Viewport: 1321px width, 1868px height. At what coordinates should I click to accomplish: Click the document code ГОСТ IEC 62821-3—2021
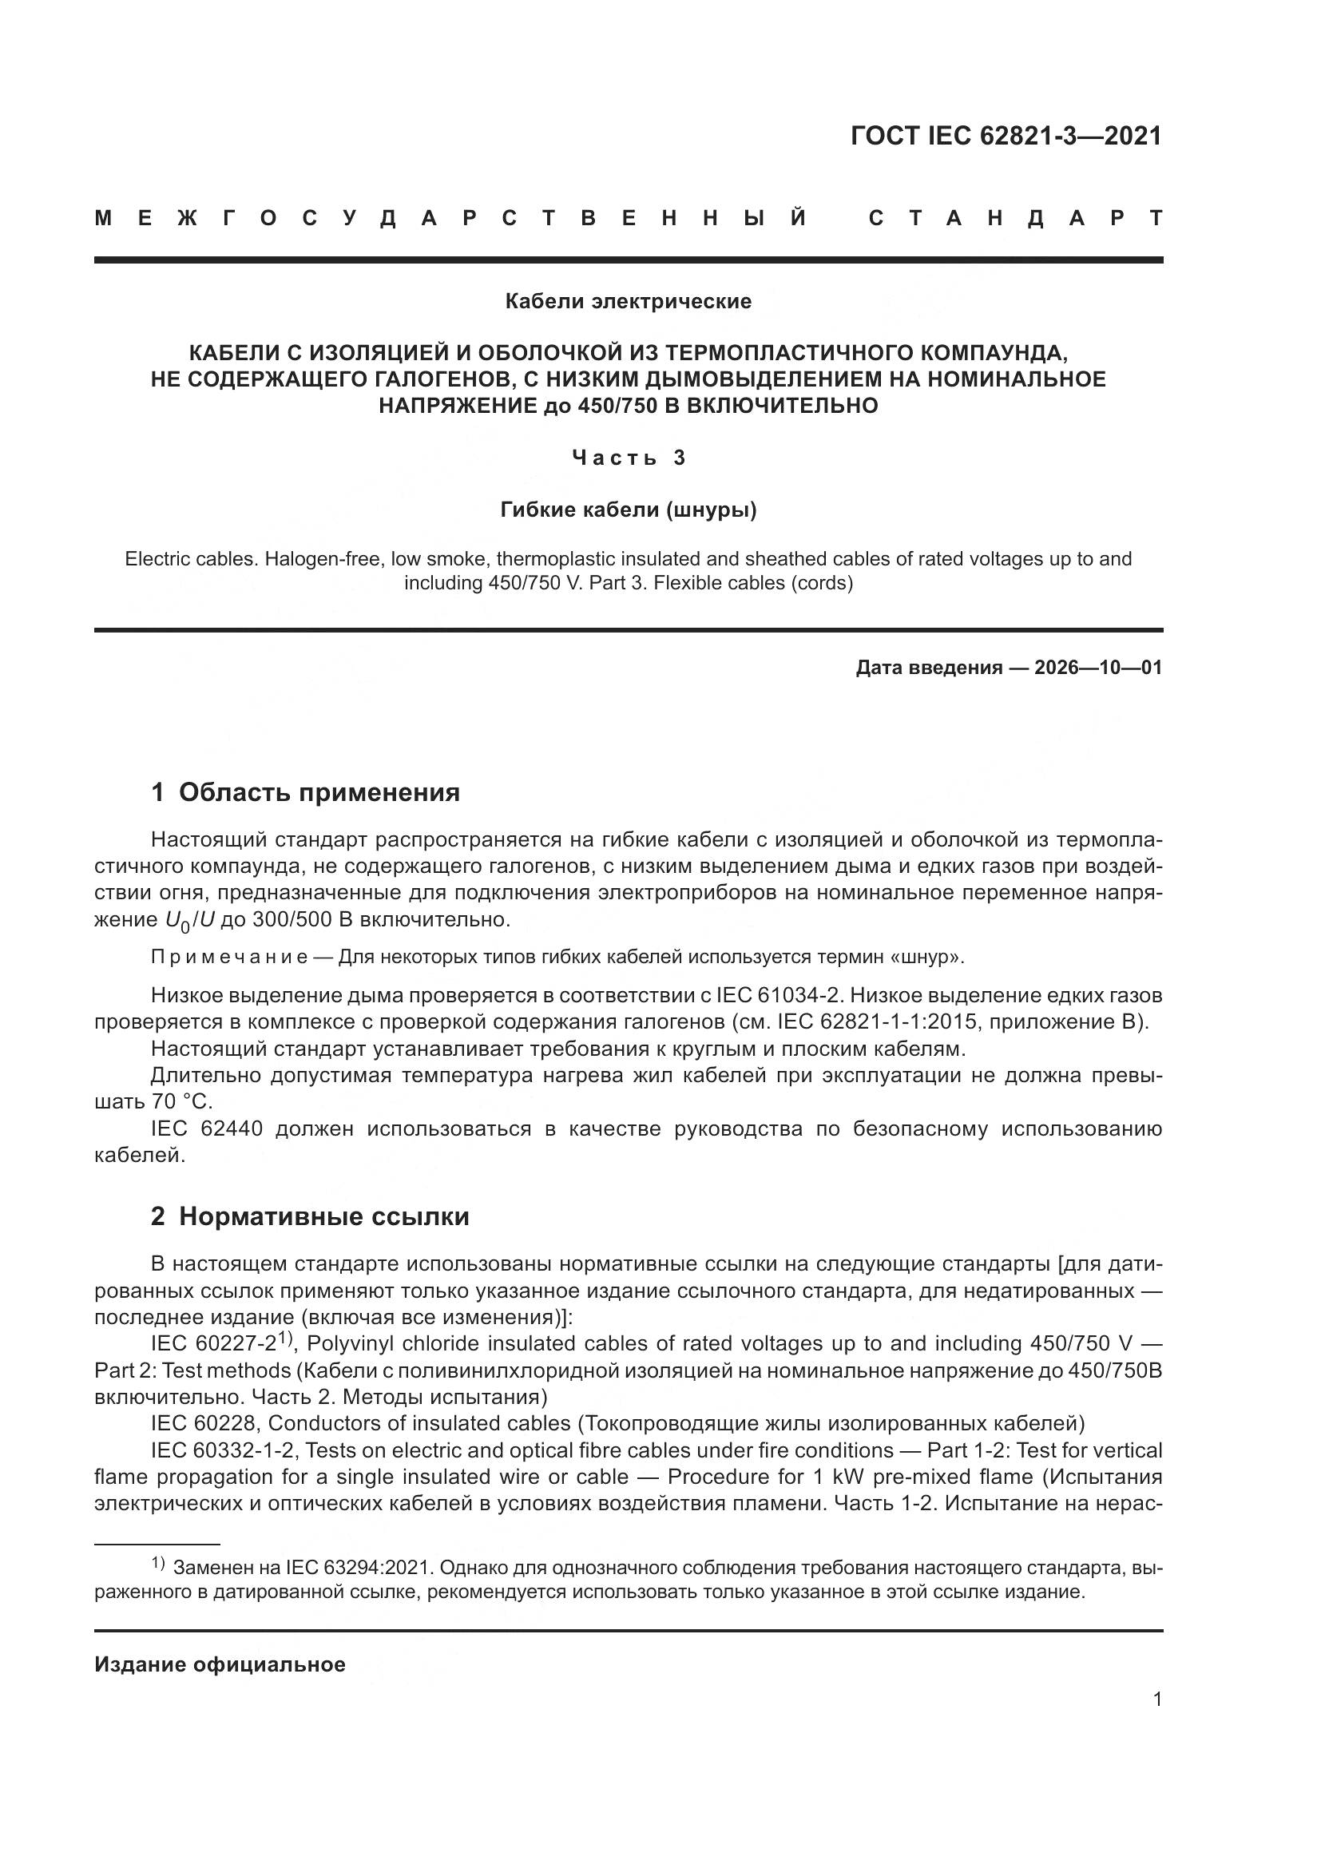[1006, 136]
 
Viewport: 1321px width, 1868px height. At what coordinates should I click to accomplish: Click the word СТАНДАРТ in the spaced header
[1015, 219]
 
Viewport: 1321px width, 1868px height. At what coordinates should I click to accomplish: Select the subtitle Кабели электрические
[628, 302]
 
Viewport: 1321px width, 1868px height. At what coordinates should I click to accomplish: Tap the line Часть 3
[628, 458]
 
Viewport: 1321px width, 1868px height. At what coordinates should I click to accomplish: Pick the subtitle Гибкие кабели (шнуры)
[628, 510]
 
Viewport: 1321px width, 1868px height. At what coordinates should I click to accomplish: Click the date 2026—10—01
[1097, 668]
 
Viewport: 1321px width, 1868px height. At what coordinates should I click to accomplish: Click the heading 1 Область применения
[305, 792]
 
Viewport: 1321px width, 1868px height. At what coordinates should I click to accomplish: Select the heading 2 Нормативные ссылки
[310, 1216]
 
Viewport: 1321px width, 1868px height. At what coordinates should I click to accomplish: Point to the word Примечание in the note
[229, 957]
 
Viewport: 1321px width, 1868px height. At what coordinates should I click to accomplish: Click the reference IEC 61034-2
[780, 995]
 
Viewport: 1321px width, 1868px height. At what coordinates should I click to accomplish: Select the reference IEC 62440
[207, 1128]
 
